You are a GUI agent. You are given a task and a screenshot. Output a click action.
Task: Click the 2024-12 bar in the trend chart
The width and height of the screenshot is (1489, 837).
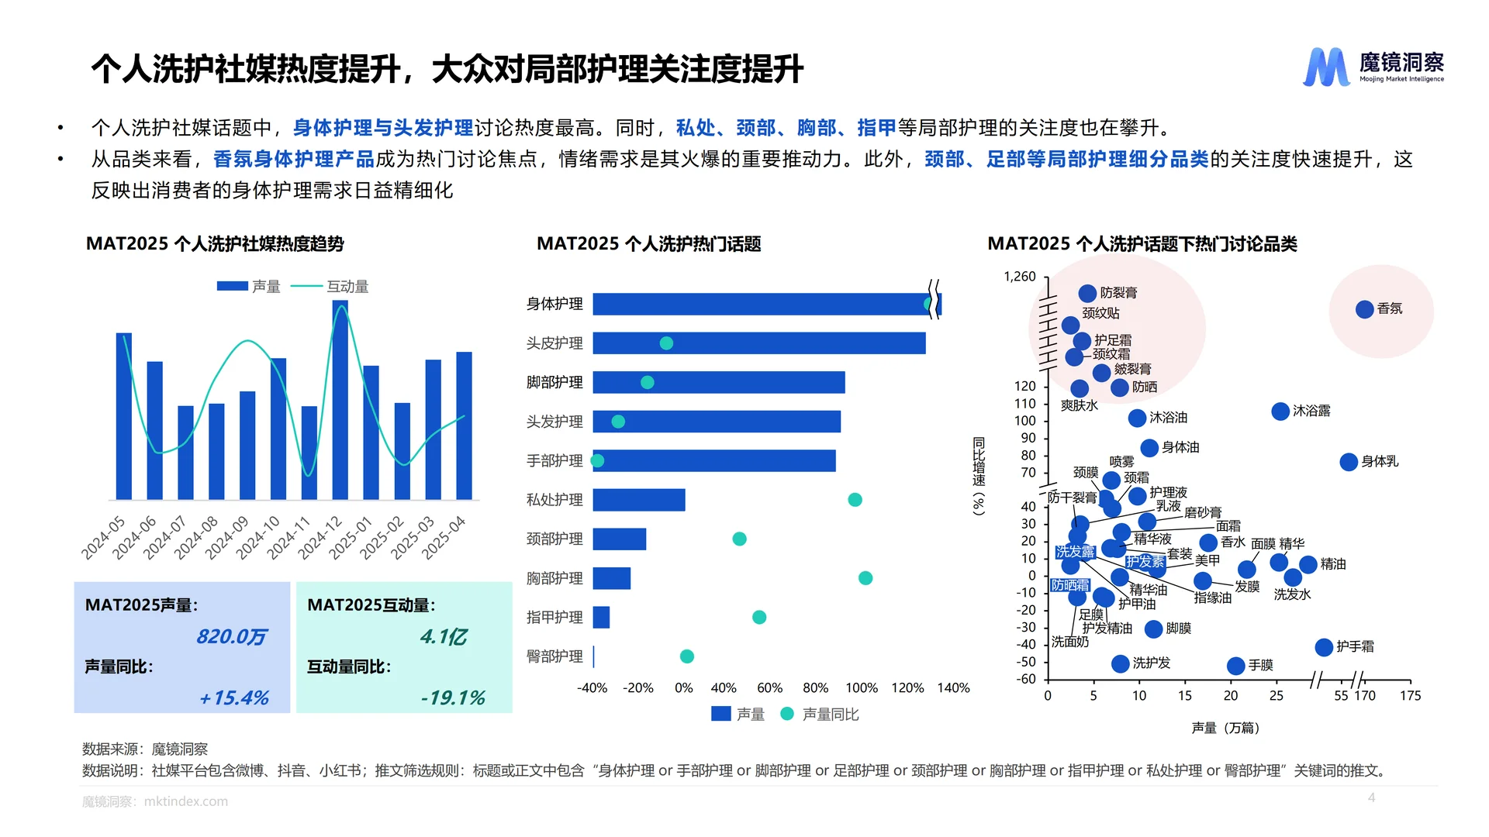click(340, 400)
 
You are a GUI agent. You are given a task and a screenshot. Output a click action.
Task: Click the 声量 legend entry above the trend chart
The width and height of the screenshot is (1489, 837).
click(249, 287)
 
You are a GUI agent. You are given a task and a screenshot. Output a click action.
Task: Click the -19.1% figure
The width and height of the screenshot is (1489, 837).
click(452, 698)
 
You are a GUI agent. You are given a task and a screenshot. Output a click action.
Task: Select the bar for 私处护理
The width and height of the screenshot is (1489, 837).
click(638, 500)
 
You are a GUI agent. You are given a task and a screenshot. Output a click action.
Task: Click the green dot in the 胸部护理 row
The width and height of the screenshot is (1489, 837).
click(865, 578)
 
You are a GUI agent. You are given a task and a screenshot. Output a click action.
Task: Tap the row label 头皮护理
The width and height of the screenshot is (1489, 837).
click(554, 343)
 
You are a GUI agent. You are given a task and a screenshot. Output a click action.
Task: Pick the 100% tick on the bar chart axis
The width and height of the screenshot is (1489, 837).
click(861, 688)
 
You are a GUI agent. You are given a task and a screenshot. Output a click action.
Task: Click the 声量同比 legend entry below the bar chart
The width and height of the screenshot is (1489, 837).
click(822, 715)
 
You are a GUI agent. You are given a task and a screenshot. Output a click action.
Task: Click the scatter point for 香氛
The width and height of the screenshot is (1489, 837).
click(1364, 309)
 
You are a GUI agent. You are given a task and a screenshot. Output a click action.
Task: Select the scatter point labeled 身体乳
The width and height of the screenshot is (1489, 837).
click(1349, 462)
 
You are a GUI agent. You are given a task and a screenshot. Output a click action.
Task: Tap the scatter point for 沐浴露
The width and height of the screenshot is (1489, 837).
click(1280, 412)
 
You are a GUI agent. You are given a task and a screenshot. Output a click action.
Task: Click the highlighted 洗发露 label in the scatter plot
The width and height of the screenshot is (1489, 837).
click(1074, 552)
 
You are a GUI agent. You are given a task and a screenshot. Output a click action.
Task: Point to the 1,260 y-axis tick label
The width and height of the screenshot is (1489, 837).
click(1019, 277)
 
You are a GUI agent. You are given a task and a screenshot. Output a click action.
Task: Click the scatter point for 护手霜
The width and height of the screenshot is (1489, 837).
click(1324, 647)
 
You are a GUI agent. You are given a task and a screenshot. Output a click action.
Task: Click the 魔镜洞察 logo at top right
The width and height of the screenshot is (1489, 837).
click(1373, 67)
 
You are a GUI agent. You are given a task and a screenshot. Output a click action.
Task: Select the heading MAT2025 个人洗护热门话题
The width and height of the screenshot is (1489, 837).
click(648, 244)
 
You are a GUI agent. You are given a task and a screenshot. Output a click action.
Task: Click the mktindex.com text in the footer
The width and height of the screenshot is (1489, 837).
click(186, 801)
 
